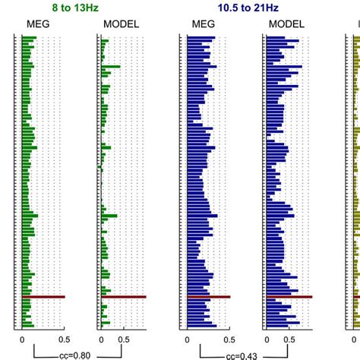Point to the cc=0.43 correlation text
point(242,354)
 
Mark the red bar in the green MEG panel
point(43,297)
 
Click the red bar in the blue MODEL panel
point(289,297)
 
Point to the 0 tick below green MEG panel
point(22,339)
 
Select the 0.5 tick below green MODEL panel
point(124,339)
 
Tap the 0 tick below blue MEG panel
point(187,339)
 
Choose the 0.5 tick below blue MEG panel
point(229,339)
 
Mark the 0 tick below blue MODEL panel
point(267,339)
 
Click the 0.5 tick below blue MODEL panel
point(289,339)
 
